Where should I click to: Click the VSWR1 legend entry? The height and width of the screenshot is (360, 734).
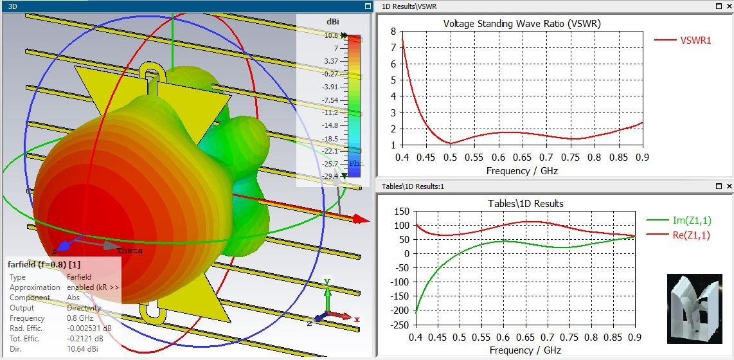(x=695, y=40)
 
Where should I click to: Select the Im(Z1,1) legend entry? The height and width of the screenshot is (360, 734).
(x=691, y=221)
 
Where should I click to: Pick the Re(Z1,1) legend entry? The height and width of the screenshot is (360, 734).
(x=691, y=235)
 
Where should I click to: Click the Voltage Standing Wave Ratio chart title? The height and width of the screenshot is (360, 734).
(x=522, y=24)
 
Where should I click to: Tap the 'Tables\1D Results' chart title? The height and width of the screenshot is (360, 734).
(x=526, y=204)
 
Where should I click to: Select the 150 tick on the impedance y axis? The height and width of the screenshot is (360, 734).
(x=401, y=212)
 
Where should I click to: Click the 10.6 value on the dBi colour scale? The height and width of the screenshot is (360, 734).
(x=331, y=36)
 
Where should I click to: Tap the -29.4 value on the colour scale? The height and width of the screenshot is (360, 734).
(x=330, y=176)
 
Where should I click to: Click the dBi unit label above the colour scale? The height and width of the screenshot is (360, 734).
(x=332, y=21)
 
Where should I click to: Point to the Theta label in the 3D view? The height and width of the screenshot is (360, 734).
(x=130, y=251)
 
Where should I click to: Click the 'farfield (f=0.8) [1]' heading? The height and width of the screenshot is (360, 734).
(x=44, y=264)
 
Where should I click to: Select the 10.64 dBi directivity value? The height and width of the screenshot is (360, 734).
(x=82, y=348)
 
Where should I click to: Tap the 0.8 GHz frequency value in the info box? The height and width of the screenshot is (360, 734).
(x=80, y=318)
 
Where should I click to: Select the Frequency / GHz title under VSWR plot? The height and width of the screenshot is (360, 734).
(x=522, y=171)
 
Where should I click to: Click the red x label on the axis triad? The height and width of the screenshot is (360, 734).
(x=357, y=319)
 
